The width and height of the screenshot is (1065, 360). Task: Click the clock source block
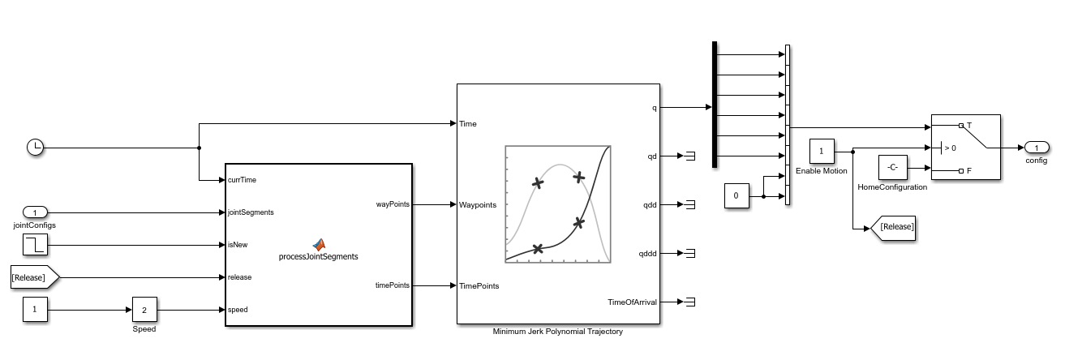click(35, 148)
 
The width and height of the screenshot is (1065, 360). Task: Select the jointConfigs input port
click(35, 212)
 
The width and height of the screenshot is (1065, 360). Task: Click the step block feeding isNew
click(35, 245)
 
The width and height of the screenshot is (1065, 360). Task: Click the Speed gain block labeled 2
click(144, 310)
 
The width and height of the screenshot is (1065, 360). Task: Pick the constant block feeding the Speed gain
click(35, 309)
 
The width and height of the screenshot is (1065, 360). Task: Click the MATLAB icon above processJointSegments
click(319, 244)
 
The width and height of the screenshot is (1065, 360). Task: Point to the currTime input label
click(242, 180)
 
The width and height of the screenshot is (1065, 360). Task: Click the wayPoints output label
click(393, 204)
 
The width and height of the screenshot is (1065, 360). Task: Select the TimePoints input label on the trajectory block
click(479, 286)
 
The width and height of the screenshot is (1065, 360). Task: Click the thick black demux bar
click(714, 105)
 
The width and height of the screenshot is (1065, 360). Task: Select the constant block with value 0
click(736, 196)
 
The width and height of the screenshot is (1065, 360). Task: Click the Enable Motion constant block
click(822, 152)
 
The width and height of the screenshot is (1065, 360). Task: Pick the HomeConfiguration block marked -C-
click(893, 167)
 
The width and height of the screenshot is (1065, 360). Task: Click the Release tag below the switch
click(893, 229)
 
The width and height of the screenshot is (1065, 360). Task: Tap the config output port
click(1037, 148)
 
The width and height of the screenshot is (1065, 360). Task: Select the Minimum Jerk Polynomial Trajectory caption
click(558, 332)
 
